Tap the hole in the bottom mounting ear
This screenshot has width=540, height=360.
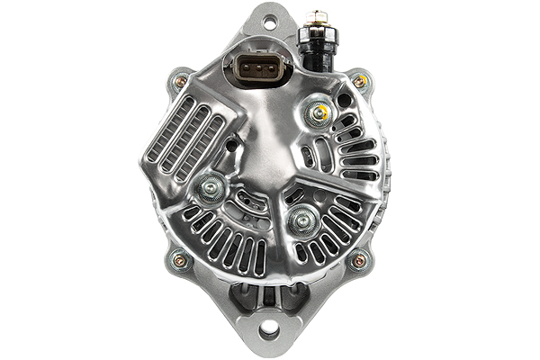pos(268,331)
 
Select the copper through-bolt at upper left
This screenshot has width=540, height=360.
pos(181,81)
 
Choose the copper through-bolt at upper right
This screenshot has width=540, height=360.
pos(359,81)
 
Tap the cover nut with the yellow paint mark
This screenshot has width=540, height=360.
pos(316,112)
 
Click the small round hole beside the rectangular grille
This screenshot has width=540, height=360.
pos(231,144)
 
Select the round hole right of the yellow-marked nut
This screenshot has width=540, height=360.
pos(343,100)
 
